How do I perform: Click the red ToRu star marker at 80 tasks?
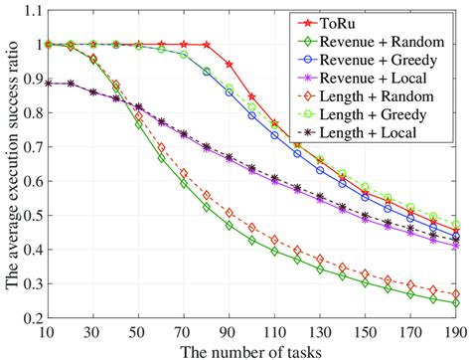click(x=207, y=45)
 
